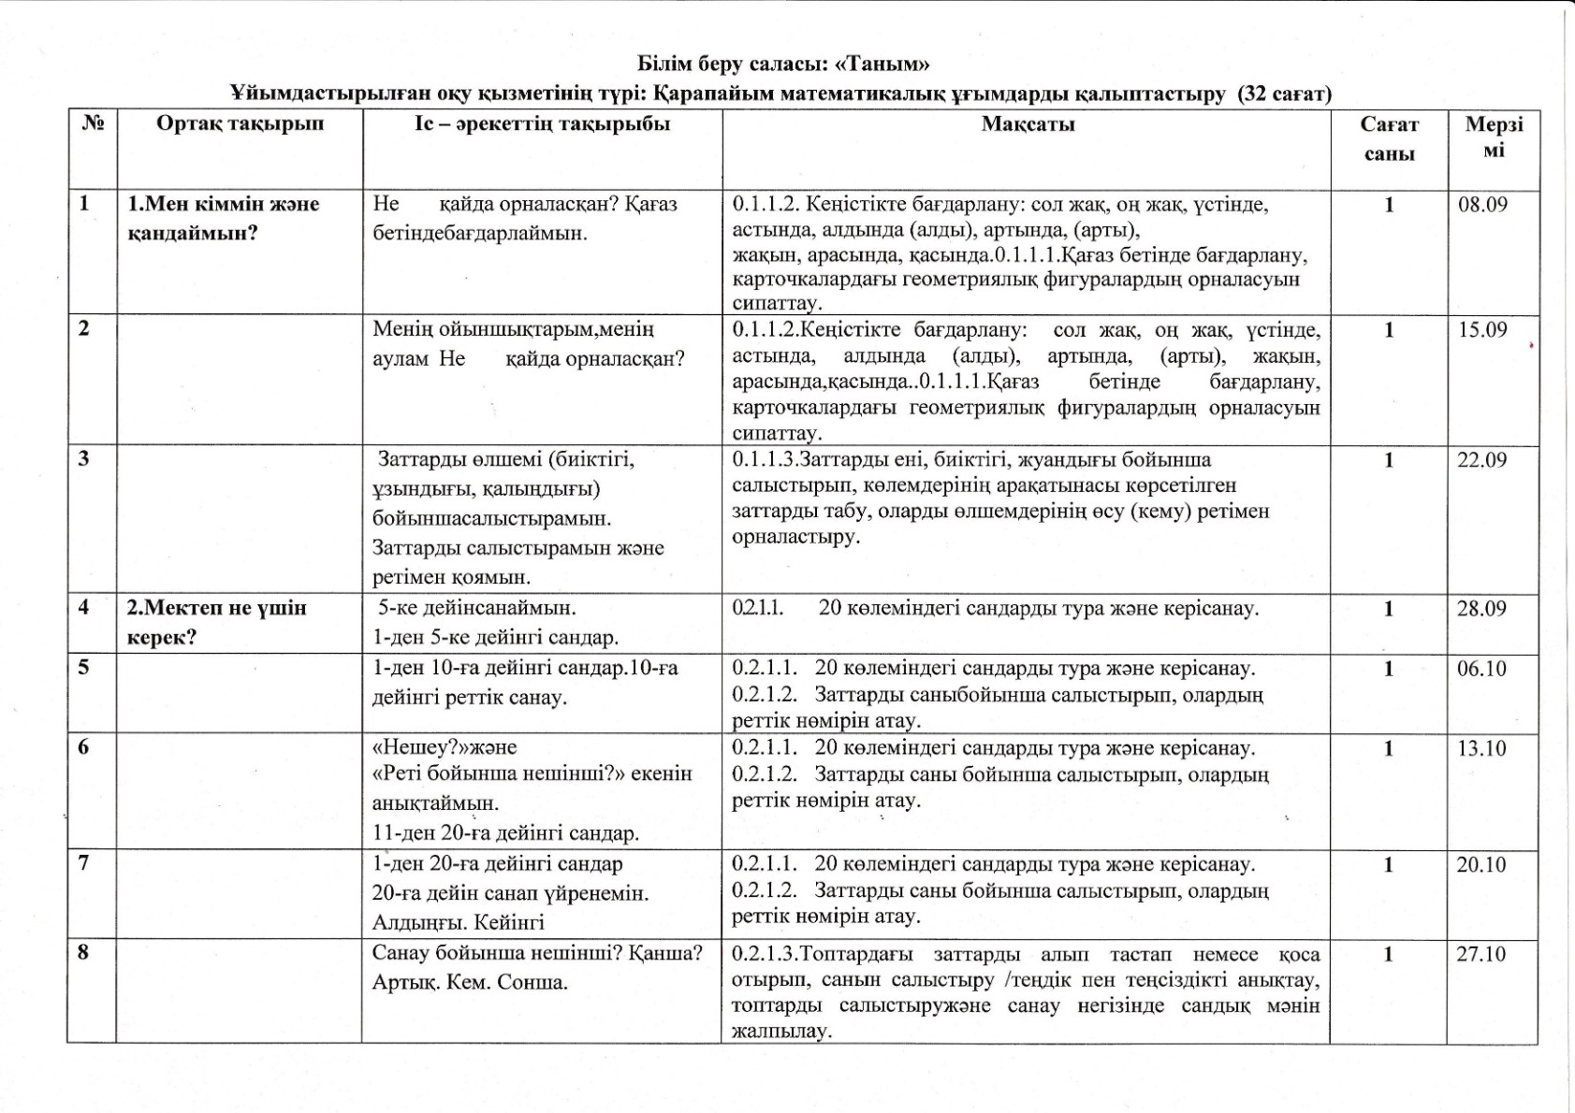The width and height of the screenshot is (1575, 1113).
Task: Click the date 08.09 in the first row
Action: pos(1482,205)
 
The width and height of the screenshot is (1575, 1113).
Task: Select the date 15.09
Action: pos(1482,330)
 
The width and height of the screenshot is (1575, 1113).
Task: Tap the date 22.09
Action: pos(1481,460)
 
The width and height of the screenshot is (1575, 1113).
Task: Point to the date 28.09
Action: pos(1481,609)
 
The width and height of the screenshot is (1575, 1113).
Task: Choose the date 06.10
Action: pos(1481,669)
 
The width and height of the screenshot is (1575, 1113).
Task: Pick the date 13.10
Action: pos(1481,748)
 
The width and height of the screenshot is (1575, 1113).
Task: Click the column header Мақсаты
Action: pos(1028,124)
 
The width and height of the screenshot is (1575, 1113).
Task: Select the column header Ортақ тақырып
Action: pos(240,124)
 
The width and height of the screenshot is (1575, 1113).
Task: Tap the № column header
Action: pos(92,124)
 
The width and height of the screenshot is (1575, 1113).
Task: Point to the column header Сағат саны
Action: pos(1389,138)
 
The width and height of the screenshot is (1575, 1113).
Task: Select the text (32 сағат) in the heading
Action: pos(1284,94)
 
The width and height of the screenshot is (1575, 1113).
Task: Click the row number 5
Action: pos(84,668)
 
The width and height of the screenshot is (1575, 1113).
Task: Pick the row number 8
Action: pos(84,953)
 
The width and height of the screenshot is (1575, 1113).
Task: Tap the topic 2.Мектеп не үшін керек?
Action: pos(217,622)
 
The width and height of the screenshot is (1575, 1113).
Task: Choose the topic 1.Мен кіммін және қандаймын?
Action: pos(224,218)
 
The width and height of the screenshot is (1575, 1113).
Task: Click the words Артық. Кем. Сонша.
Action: pos(470,983)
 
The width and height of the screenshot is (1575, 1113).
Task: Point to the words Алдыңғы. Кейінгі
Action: pos(458,922)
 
